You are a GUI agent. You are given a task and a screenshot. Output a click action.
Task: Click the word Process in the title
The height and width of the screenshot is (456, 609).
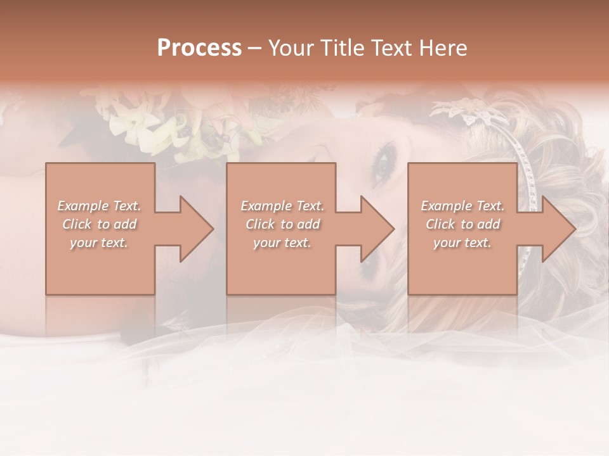click(x=199, y=47)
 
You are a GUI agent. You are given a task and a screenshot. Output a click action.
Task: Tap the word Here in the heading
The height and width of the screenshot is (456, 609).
click(x=443, y=47)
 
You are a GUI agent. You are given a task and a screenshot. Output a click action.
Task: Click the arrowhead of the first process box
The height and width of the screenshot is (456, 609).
click(x=197, y=229)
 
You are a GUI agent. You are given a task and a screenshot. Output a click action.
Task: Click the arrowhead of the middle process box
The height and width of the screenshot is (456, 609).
click(x=378, y=229)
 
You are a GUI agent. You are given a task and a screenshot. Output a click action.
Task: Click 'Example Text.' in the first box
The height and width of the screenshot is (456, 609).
click(x=99, y=206)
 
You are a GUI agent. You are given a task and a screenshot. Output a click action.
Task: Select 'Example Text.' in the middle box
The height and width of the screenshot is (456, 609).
click(x=282, y=206)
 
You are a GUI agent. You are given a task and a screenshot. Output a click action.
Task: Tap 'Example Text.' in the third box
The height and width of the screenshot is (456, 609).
click(x=462, y=206)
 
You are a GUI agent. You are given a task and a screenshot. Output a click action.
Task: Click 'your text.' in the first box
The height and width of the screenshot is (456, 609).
click(x=99, y=243)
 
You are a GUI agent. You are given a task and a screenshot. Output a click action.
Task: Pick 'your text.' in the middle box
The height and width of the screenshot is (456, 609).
click(x=282, y=243)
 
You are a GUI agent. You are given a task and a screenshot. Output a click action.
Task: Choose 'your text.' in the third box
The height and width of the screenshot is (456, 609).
click(x=462, y=243)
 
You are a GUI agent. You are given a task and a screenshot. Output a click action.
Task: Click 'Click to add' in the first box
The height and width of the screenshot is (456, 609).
click(x=99, y=224)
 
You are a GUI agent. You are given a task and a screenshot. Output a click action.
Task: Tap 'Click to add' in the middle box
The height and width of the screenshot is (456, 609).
click(x=282, y=224)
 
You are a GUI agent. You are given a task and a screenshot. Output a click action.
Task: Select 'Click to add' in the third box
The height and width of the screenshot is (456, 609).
click(x=462, y=224)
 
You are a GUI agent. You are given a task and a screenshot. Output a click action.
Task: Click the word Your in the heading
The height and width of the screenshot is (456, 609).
click(x=291, y=47)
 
